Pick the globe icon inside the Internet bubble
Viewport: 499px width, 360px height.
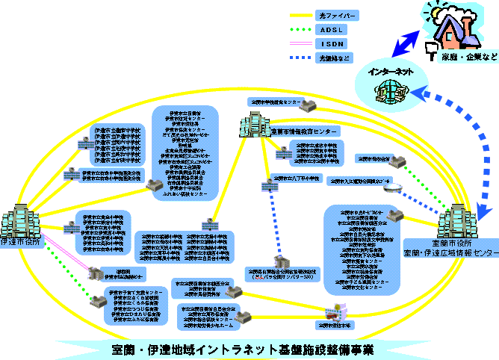(389, 91)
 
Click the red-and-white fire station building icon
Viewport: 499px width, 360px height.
(334, 312)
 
